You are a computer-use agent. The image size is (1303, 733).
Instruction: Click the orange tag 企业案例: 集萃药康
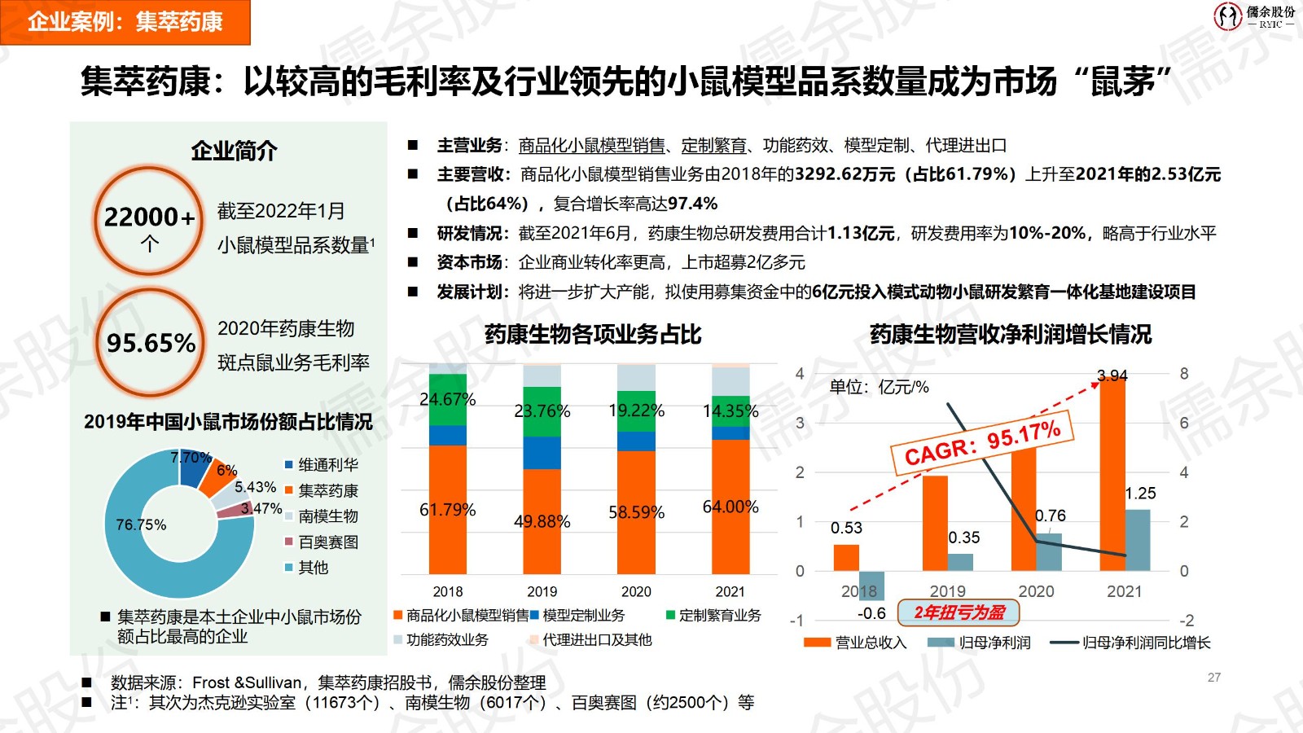(125, 22)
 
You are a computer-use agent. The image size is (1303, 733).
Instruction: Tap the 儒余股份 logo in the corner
(1254, 16)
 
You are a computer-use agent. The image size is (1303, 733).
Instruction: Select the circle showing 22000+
(148, 220)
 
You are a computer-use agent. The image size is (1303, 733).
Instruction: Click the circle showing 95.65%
(150, 342)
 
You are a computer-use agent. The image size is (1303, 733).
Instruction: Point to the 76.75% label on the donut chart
(141, 525)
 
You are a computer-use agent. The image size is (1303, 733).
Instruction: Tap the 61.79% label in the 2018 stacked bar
(447, 510)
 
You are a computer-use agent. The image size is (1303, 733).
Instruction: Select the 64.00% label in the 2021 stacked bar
(730, 507)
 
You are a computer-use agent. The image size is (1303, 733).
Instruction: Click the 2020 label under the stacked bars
(636, 591)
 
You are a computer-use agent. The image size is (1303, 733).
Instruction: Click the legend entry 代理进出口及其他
(596, 640)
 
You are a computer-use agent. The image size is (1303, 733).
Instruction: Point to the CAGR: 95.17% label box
(982, 445)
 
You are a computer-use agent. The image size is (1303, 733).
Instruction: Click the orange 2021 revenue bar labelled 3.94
(1112, 472)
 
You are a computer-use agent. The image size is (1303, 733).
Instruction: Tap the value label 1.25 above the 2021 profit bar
(1140, 494)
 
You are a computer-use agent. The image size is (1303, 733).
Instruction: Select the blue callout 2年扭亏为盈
(959, 612)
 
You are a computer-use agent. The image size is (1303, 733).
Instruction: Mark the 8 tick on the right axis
(1184, 374)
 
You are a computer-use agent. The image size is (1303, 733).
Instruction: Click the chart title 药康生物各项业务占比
(592, 335)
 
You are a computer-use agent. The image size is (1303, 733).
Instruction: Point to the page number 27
(1214, 678)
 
